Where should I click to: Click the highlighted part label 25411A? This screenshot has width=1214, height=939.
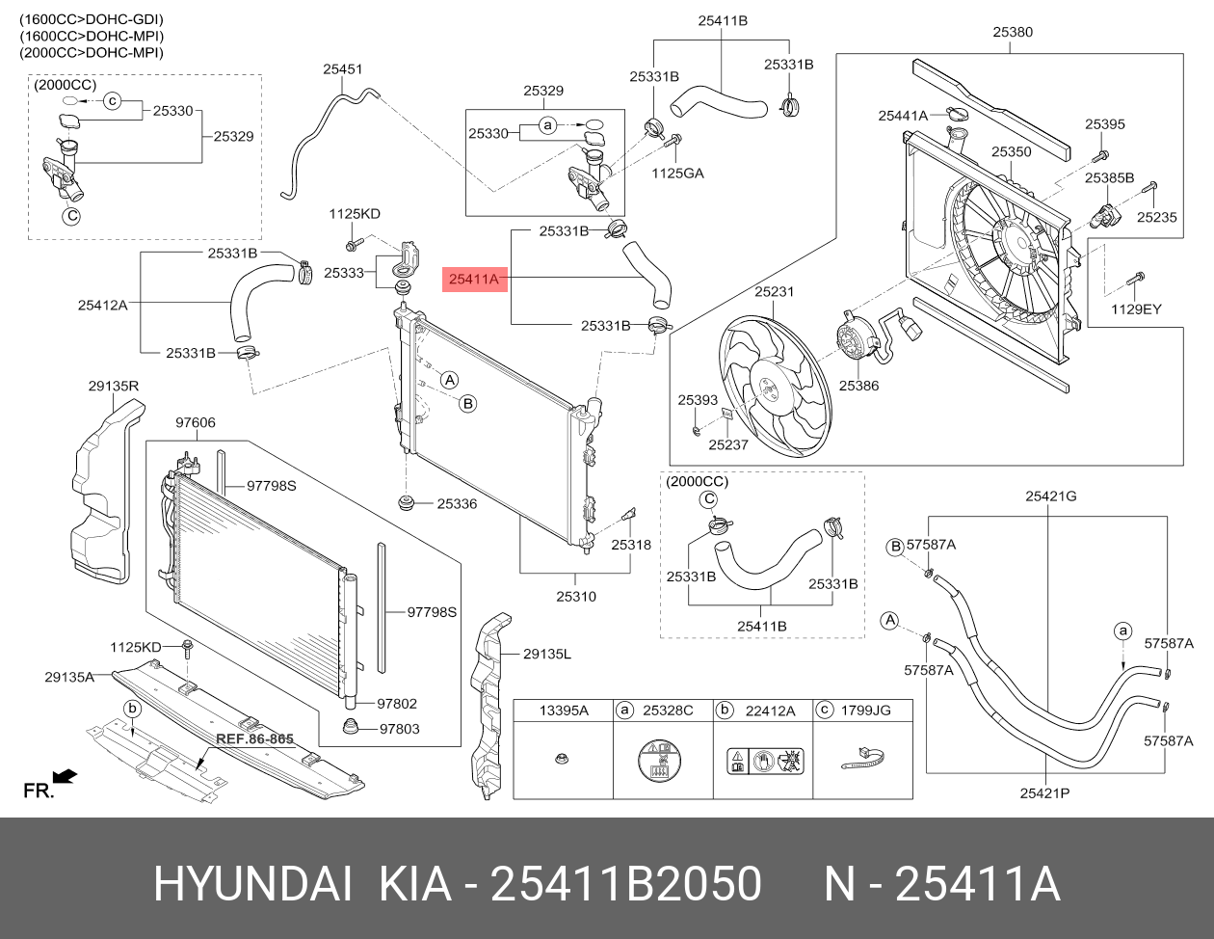click(x=474, y=279)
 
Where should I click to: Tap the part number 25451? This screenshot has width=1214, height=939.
click(x=343, y=69)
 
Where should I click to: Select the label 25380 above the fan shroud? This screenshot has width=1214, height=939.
click(x=1013, y=33)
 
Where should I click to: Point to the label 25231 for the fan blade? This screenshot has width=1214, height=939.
click(x=775, y=292)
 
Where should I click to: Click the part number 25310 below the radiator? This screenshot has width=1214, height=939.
click(x=576, y=597)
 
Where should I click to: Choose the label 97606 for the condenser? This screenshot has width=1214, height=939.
click(x=196, y=422)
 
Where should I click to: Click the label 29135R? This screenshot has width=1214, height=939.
click(x=114, y=387)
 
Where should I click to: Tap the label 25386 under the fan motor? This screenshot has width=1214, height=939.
click(x=858, y=386)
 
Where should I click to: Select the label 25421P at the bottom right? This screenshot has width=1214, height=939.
click(x=1044, y=793)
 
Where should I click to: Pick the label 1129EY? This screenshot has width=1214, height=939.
click(x=1136, y=309)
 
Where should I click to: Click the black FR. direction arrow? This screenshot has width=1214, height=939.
click(x=65, y=776)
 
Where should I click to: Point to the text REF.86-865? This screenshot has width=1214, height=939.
click(x=254, y=738)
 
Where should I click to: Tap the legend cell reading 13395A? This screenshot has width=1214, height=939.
click(x=564, y=711)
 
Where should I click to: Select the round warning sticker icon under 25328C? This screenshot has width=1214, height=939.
click(x=660, y=761)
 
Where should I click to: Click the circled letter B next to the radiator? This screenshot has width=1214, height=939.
click(x=467, y=404)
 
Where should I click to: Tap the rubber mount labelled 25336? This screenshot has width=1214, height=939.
click(x=407, y=502)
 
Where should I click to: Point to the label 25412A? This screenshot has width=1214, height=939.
click(x=103, y=306)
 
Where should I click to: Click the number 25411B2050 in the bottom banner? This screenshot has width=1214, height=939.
click(x=625, y=884)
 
